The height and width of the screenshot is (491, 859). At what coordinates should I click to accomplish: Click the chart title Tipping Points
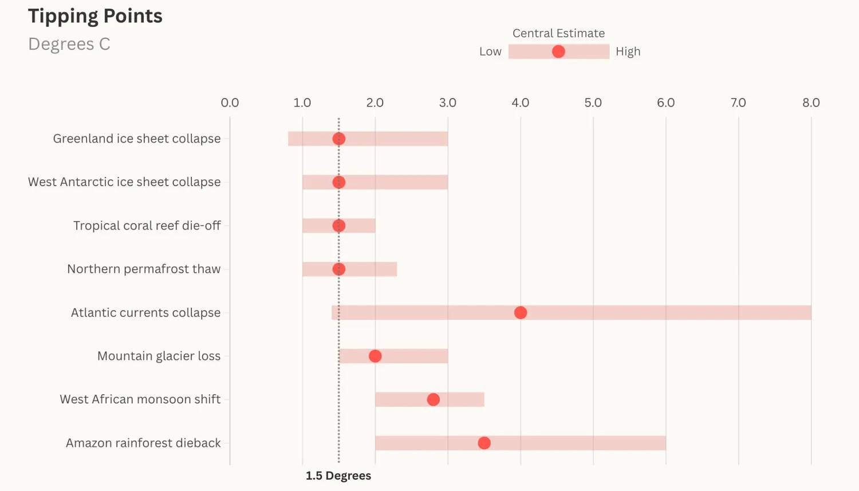coord(95,16)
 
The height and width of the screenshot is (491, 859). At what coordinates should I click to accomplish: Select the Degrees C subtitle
coord(69,44)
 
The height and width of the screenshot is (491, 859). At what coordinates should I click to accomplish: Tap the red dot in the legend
coord(558,52)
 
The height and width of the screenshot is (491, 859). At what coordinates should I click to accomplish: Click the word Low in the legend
coord(490,52)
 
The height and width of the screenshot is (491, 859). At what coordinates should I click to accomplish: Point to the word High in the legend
coord(628,52)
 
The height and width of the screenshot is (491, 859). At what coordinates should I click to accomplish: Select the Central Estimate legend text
coord(558,33)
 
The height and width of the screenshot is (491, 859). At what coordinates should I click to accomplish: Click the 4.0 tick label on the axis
coord(520,103)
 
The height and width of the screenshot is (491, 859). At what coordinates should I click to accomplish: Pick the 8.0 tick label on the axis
coord(811,103)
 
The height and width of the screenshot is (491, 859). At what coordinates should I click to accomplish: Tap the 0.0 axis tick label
coord(230,103)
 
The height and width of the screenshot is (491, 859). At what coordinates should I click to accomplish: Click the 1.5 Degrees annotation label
coord(338,476)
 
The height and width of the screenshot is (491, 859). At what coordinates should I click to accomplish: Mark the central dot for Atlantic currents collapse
coord(520,312)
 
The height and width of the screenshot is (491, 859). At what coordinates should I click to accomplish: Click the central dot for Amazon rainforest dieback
coord(484,443)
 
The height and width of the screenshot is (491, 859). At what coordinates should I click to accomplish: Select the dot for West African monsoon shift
coord(433,399)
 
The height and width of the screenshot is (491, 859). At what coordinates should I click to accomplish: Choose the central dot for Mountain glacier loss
coord(375,356)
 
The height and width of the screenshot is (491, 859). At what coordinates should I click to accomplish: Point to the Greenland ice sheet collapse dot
coord(338,139)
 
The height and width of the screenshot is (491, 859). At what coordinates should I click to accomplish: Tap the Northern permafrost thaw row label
coord(143,269)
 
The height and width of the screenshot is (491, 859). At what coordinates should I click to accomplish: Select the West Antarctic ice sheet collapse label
coord(124,182)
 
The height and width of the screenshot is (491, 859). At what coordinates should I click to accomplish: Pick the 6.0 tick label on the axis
coord(665,103)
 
